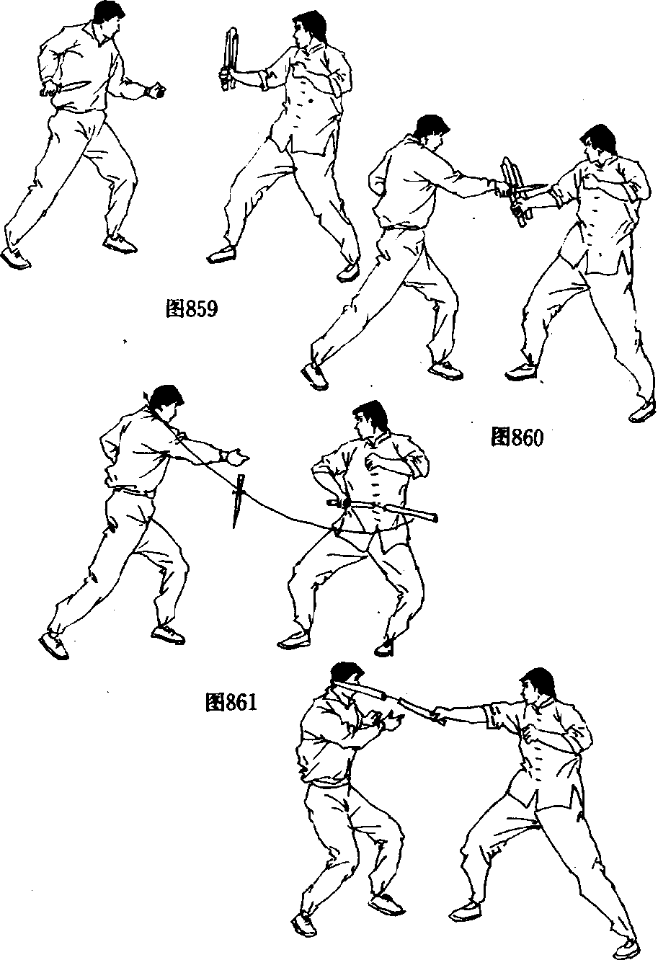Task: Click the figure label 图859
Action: (192, 308)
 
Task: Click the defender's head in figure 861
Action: (370, 422)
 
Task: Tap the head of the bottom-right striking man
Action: (537, 689)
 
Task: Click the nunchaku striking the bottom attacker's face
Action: (388, 697)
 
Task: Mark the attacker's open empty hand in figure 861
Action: (235, 457)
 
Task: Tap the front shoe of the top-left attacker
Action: (120, 244)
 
